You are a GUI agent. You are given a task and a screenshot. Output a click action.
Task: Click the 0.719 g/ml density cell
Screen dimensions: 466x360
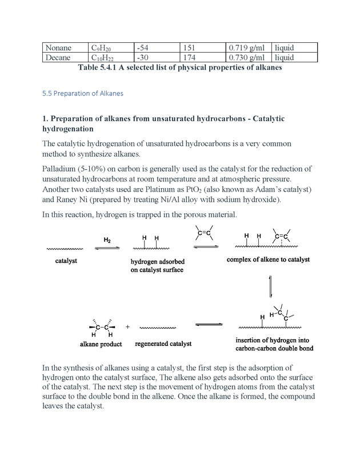246,48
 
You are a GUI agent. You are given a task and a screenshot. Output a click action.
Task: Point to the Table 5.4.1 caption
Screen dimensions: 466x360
180,67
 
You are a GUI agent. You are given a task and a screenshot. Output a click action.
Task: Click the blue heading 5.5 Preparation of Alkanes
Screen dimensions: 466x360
83,93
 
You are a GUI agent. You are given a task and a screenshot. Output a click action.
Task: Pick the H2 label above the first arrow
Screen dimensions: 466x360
107,239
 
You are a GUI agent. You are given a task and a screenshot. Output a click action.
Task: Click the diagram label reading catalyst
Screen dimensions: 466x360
66,261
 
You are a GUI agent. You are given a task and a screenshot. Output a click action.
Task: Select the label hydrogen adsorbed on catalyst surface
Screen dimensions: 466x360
157,265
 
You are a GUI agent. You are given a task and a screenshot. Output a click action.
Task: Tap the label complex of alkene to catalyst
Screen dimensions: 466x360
268,260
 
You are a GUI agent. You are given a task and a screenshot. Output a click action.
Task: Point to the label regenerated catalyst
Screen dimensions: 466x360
163,344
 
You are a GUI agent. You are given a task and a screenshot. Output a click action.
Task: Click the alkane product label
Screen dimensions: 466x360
101,345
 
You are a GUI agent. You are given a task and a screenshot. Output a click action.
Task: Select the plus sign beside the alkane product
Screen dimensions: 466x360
127,327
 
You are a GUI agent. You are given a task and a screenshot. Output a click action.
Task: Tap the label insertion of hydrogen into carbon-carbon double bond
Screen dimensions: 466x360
274,344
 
